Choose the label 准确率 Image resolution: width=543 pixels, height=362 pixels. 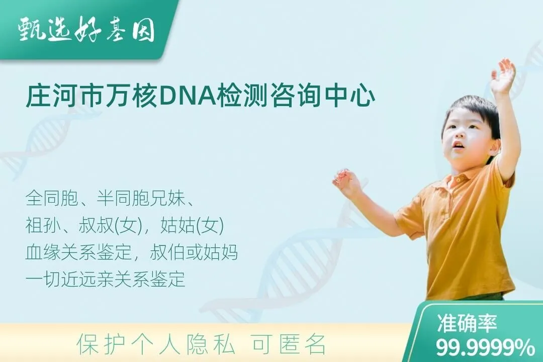point(467,323)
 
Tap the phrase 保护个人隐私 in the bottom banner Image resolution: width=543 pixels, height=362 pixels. point(155,344)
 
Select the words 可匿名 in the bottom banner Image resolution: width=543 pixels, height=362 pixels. point(289,344)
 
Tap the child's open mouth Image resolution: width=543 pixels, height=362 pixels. point(458,145)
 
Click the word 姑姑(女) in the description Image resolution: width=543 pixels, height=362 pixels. point(192,225)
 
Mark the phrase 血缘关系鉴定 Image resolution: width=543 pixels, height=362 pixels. point(78,252)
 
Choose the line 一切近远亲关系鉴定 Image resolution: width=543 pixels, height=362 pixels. point(105,279)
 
